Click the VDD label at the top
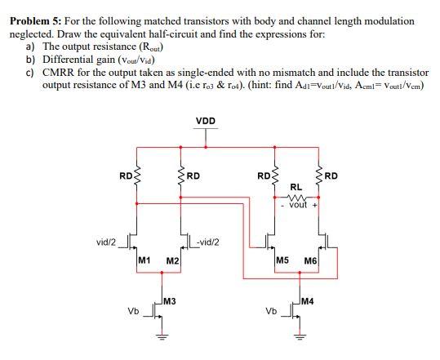pyautogui.click(x=206, y=121)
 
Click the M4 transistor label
pyautogui.click(x=310, y=303)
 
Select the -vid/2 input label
pyautogui.click(x=207, y=242)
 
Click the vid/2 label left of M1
pyautogui.click(x=106, y=242)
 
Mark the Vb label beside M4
pyautogui.click(x=271, y=311)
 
